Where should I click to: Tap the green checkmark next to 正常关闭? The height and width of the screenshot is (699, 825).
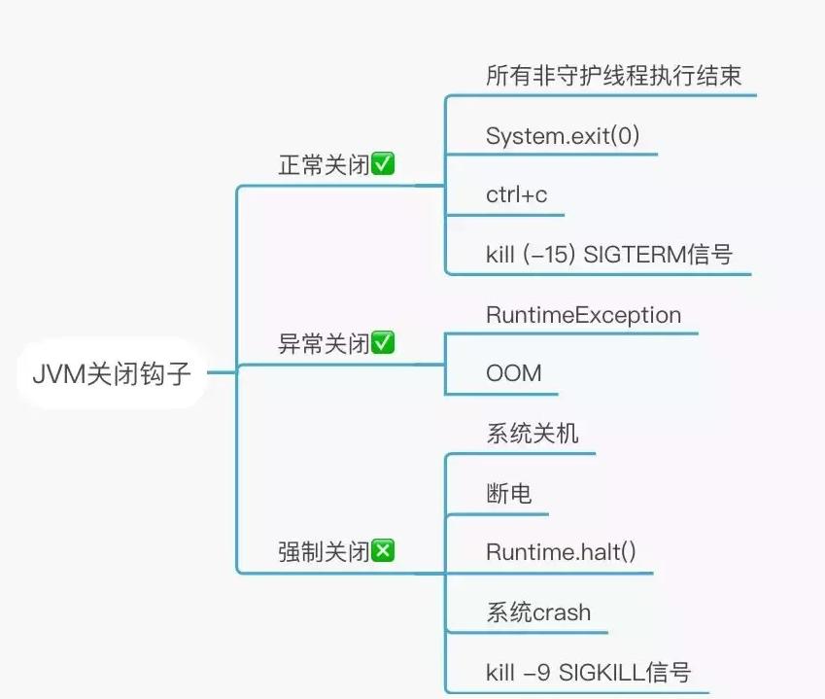tap(383, 164)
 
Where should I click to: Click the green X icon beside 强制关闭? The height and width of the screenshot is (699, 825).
tap(383, 551)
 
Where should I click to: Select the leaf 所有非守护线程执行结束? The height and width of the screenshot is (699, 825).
tap(613, 76)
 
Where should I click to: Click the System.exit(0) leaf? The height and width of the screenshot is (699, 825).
tap(563, 135)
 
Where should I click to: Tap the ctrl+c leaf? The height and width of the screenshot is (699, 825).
tap(516, 194)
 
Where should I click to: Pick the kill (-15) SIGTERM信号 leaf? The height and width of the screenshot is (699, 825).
tap(608, 255)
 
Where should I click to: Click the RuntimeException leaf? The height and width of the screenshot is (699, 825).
tap(583, 315)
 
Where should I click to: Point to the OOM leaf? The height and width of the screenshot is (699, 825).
tap(513, 373)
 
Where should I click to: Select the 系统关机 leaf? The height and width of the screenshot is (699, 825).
tap(532, 434)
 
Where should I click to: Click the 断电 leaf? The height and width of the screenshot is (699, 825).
tap(508, 493)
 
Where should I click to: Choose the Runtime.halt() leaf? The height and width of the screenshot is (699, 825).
tap(561, 552)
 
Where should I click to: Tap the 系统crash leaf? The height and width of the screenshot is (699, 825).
tap(537, 612)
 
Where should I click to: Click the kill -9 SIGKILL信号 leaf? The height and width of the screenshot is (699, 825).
tap(588, 672)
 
